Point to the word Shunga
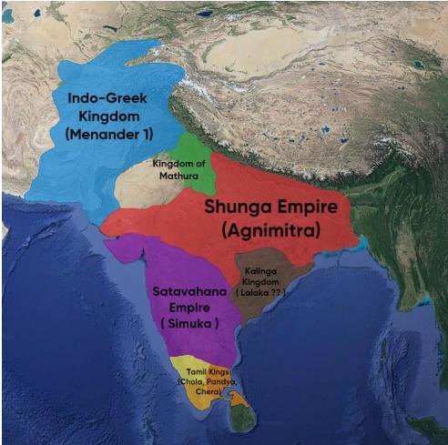click(239, 207)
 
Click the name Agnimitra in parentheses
click(279, 231)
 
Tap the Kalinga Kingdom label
click(265, 277)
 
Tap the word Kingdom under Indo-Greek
click(103, 115)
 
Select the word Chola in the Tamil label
click(191, 382)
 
